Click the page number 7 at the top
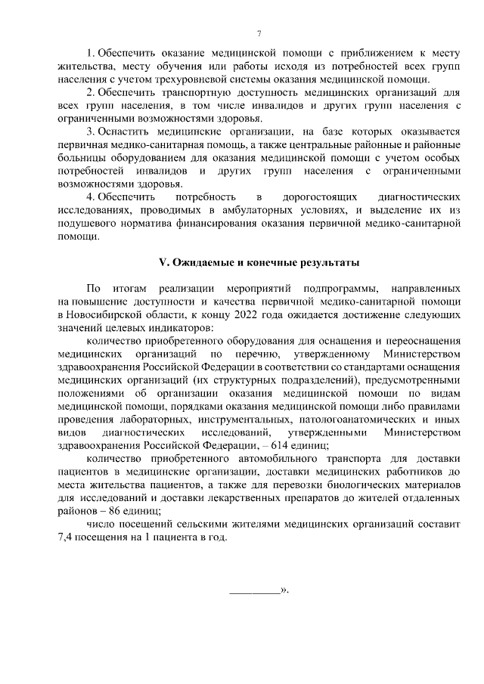[x=259, y=32]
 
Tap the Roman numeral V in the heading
[x=162, y=262]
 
